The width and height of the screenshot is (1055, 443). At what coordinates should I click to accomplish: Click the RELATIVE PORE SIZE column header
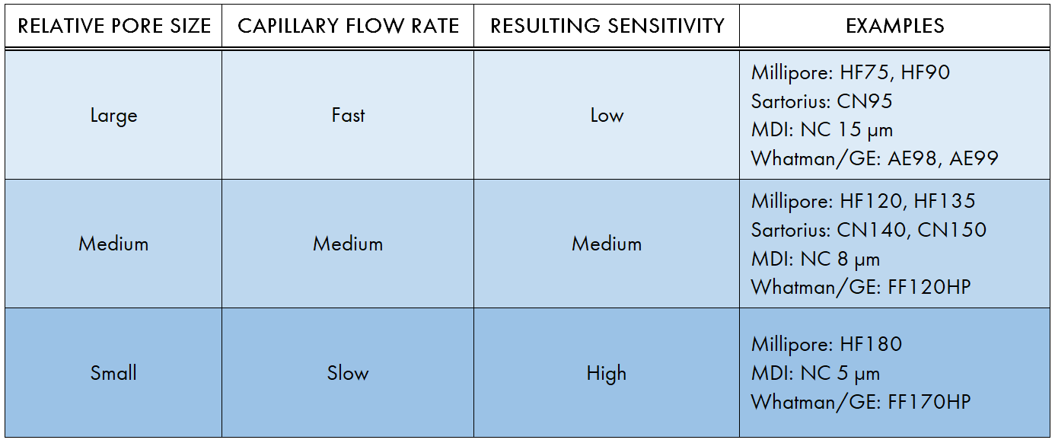[x=114, y=26]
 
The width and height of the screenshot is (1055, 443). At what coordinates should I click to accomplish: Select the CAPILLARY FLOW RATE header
[x=348, y=26]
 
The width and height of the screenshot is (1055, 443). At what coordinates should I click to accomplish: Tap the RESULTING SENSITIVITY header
[x=607, y=26]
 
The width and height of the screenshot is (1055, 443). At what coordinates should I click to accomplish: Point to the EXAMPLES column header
[x=894, y=26]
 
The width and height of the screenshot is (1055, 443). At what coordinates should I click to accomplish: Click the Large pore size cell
[x=114, y=116]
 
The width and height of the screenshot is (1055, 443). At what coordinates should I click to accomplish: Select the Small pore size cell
[x=114, y=373]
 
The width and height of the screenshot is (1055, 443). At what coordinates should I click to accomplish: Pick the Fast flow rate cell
[x=348, y=116]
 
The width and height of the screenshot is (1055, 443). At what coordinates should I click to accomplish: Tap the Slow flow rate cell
[x=348, y=373]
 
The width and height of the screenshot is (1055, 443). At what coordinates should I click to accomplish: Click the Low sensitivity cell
[x=607, y=116]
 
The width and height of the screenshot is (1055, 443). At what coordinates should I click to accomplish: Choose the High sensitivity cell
[x=607, y=373]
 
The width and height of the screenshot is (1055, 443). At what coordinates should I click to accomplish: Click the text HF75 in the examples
[x=868, y=73]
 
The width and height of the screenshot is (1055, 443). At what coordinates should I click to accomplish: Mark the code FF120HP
[x=929, y=287]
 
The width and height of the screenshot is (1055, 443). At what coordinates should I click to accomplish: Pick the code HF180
[x=871, y=344]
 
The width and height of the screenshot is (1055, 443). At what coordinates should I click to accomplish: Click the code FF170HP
[x=929, y=402]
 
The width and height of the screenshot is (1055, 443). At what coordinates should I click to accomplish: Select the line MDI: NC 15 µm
[x=821, y=130]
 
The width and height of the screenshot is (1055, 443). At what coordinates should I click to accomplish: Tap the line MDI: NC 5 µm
[x=815, y=373]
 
